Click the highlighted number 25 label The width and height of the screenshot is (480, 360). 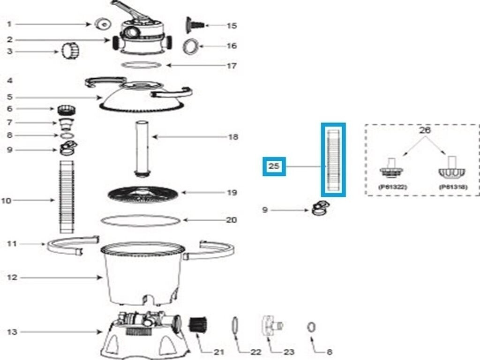(x=274, y=166)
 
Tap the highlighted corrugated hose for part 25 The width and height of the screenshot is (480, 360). (x=333, y=160)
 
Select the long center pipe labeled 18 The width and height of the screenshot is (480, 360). (x=142, y=148)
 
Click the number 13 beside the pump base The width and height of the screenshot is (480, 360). (x=12, y=332)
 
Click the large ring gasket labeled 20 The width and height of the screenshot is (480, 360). (x=141, y=220)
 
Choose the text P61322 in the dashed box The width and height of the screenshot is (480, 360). (x=392, y=187)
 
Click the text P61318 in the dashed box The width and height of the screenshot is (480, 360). (x=452, y=187)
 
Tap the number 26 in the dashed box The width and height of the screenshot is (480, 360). (x=424, y=131)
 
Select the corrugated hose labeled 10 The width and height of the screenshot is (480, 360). (x=67, y=196)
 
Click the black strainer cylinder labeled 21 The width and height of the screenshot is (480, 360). (x=197, y=324)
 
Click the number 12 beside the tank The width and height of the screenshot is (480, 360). (x=12, y=277)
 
